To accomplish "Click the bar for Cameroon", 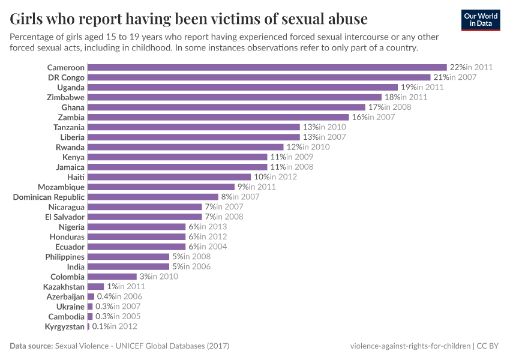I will pos(267,67).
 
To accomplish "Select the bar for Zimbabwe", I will pos(234,97).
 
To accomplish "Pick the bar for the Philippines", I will pos(128,257).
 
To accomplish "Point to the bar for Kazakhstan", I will pos(95,287).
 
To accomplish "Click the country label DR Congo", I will pos(66,77).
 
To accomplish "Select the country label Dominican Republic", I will pos(49,197).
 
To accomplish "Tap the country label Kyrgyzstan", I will pos(64,326).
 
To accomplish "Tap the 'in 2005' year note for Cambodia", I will pos(124,316).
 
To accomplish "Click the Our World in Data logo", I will pos(481,19).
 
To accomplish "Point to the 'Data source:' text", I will pos(31,346).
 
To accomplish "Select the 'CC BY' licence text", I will pos(489,346).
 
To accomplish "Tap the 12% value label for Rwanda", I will pos(293,147).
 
